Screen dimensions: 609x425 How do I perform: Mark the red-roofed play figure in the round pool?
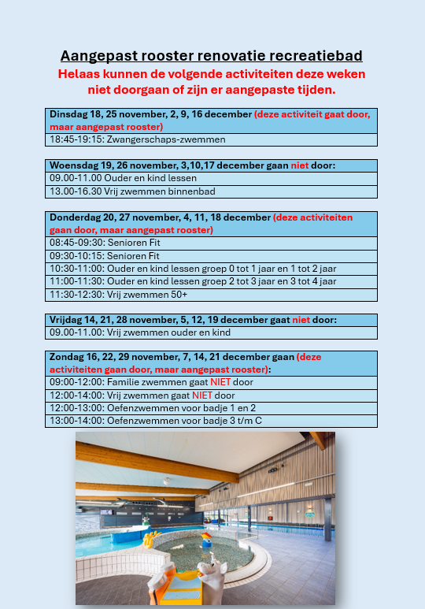pyautogui.click(x=206, y=540)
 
